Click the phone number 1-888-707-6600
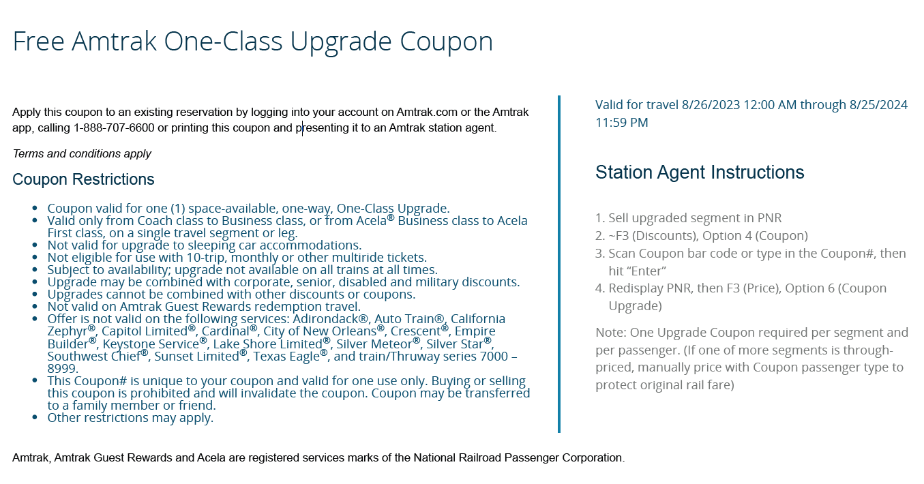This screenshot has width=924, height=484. (x=114, y=127)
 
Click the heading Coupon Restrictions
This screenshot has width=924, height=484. (x=83, y=179)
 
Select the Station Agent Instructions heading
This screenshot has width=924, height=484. (x=700, y=172)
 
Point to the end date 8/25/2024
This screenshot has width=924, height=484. (x=878, y=104)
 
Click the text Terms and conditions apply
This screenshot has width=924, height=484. (x=82, y=153)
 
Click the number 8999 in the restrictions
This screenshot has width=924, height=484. (x=63, y=368)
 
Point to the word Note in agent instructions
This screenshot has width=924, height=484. (x=609, y=333)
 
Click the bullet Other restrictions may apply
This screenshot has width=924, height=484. (x=130, y=417)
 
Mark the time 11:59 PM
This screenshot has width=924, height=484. (x=621, y=123)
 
